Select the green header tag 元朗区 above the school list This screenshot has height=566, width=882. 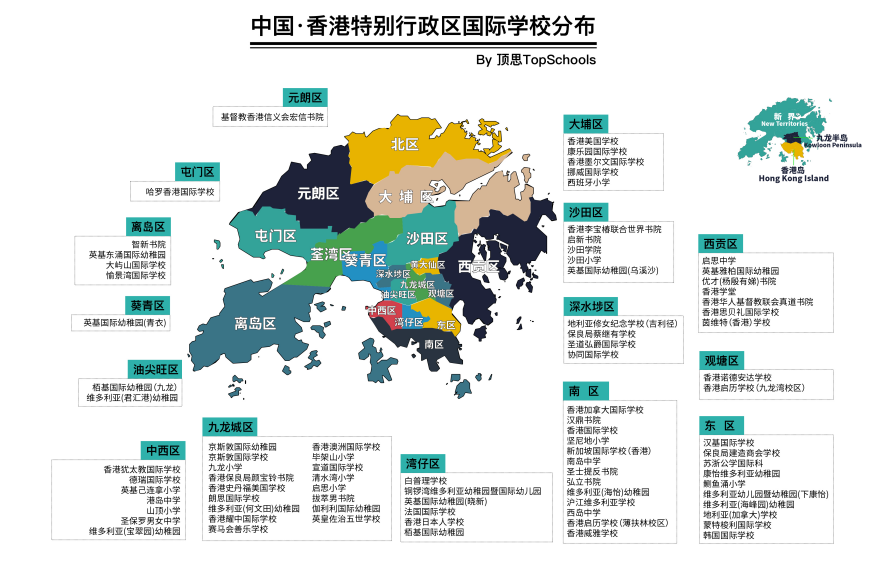tap(306, 97)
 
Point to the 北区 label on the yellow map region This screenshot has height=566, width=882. tap(405, 145)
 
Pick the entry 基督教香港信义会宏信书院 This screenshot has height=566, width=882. tap(273, 117)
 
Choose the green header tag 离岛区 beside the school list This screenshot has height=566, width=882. tap(148, 227)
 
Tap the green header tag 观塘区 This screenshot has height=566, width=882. tap(721, 360)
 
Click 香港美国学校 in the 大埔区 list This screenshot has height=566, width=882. tap(593, 141)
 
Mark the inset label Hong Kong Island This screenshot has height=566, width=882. tap(794, 179)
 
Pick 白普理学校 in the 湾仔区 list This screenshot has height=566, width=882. tap(424, 481)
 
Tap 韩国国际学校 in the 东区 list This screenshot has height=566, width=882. tap(728, 535)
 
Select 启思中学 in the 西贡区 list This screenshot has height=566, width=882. tap(720, 260)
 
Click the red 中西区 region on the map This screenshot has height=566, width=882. tap(381, 311)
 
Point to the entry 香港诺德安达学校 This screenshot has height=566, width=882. tap(739, 378)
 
